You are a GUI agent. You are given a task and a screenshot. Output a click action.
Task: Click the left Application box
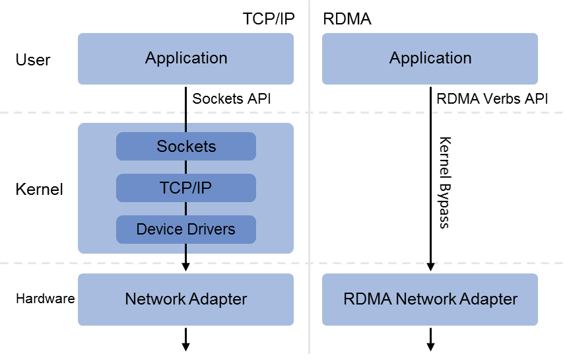pyautogui.click(x=185, y=59)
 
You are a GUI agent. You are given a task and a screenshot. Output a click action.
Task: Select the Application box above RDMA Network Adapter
pyautogui.click(x=430, y=59)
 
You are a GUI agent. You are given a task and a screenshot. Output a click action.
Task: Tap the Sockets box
pyautogui.click(x=185, y=146)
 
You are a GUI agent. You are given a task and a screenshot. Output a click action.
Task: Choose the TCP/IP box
pyautogui.click(x=185, y=188)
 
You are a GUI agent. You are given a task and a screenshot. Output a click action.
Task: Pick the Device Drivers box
pyautogui.click(x=185, y=229)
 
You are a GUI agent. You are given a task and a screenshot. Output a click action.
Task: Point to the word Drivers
pyautogui.click(x=210, y=229)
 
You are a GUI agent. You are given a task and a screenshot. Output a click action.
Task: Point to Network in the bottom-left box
pyautogui.click(x=155, y=299)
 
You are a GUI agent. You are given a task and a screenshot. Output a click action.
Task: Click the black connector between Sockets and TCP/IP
pyautogui.click(x=186, y=167)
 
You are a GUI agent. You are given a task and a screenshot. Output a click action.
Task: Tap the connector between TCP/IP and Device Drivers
pyautogui.click(x=186, y=209)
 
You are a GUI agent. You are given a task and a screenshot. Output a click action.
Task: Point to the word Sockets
pyautogui.click(x=185, y=146)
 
